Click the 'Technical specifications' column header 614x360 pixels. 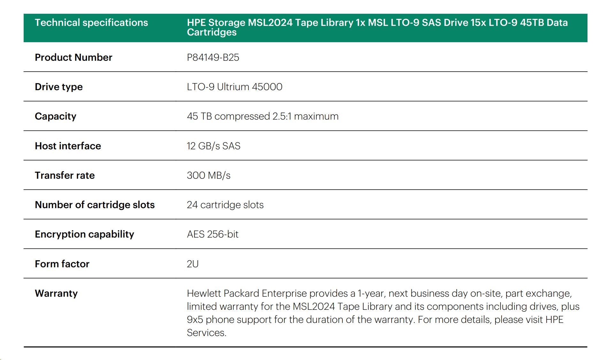[x=91, y=23]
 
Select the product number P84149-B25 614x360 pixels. [x=213, y=58]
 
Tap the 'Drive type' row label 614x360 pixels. [x=59, y=87]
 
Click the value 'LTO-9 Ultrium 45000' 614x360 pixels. [x=234, y=87]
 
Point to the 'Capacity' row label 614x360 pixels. [x=56, y=116]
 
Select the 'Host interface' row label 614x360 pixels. [x=68, y=146]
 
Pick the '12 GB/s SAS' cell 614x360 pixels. [x=213, y=146]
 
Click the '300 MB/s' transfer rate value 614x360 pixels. [x=208, y=176]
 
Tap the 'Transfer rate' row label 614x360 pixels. [x=65, y=176]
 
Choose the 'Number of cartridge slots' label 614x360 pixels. [x=95, y=205]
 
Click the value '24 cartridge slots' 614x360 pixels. [x=225, y=205]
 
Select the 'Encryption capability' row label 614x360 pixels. [x=84, y=234]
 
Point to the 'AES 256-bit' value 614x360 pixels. [x=212, y=234]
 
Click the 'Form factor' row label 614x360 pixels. [x=62, y=264]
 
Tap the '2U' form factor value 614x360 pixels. [x=193, y=264]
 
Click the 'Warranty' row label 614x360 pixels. [x=56, y=293]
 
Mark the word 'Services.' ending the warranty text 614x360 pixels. [x=206, y=333]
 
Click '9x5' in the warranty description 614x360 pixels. [x=195, y=320]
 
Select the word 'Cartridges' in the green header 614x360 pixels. [x=211, y=32]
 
